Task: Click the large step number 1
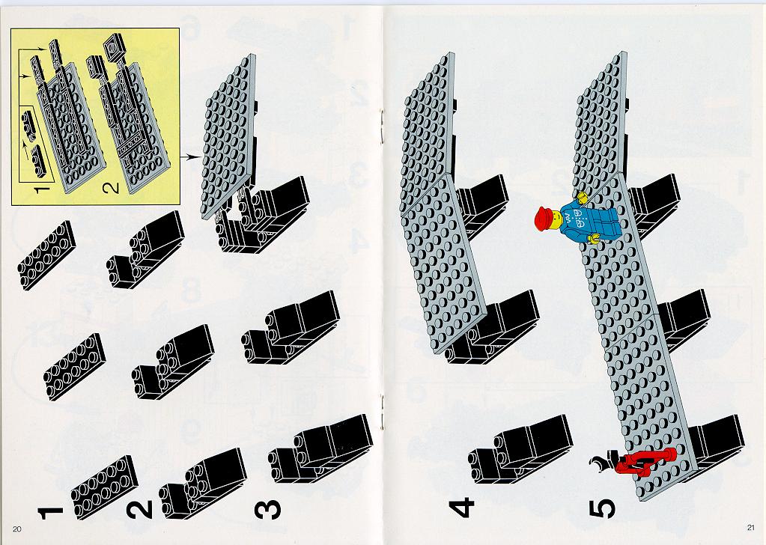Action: pos(50,514)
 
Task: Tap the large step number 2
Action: pos(139,509)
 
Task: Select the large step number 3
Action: pos(268,509)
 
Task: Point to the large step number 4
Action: pos(461,507)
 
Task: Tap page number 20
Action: pos(17,529)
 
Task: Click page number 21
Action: pos(751,527)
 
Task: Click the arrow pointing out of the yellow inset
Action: pos(190,156)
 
